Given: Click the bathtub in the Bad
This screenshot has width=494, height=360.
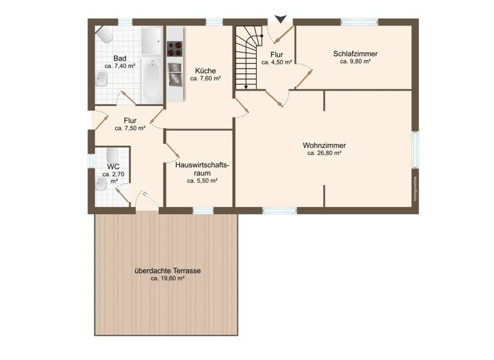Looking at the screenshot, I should (152, 80).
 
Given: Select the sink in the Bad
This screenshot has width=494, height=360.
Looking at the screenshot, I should (102, 79).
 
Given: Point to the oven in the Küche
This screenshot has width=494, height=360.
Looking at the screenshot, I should (175, 77).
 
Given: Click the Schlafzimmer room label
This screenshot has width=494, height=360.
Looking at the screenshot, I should (355, 53).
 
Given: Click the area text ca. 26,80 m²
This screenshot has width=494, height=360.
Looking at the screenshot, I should (324, 154).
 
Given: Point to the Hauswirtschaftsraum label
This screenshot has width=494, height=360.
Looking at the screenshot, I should (201, 169).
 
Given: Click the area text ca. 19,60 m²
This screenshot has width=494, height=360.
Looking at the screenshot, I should (167, 279).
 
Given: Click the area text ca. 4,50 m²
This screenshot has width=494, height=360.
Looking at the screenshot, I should (277, 62).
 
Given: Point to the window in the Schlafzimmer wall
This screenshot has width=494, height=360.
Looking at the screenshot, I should (359, 22).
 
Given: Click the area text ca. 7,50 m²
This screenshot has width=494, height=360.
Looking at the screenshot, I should (130, 128).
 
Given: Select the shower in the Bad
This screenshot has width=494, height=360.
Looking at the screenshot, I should (152, 42).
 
